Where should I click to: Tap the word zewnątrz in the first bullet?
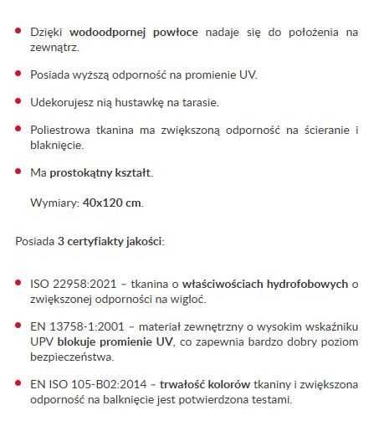52,47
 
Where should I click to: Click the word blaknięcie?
56,145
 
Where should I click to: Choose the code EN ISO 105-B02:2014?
80,385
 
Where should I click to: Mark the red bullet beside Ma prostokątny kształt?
18,172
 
